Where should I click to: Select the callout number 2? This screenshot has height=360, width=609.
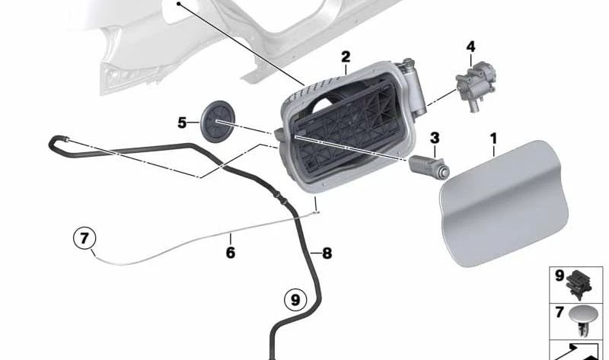coord(346,57)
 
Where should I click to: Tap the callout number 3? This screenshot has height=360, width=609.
coord(435,138)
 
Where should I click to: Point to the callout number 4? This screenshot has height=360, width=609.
coord(470,47)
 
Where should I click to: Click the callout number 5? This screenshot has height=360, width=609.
coord(182,121)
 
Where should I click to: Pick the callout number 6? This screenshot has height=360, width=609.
coord(230,249)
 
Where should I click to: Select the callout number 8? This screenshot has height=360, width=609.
coord(327,253)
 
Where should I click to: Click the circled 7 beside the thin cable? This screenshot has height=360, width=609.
coord(85,239)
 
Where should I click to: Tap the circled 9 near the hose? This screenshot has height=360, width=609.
coord(295,299)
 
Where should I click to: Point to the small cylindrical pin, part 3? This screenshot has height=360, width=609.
coord(430,164)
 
